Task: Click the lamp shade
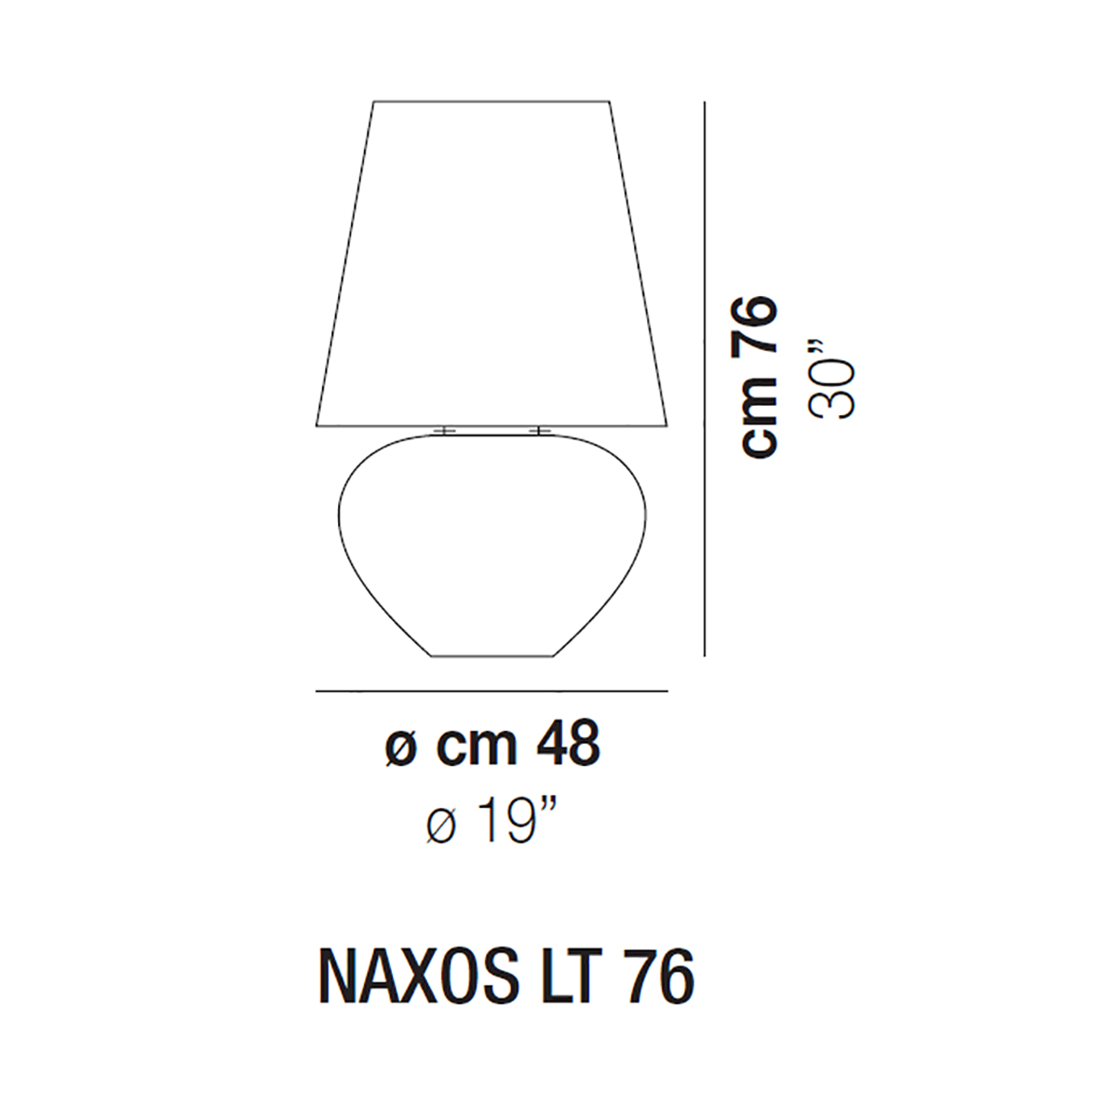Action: (x=491, y=264)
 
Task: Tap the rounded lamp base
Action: (x=491, y=545)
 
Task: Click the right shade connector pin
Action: (x=539, y=430)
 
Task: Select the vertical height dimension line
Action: (x=704, y=379)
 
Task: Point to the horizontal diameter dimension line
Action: (x=491, y=691)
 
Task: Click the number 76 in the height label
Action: (x=759, y=326)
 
